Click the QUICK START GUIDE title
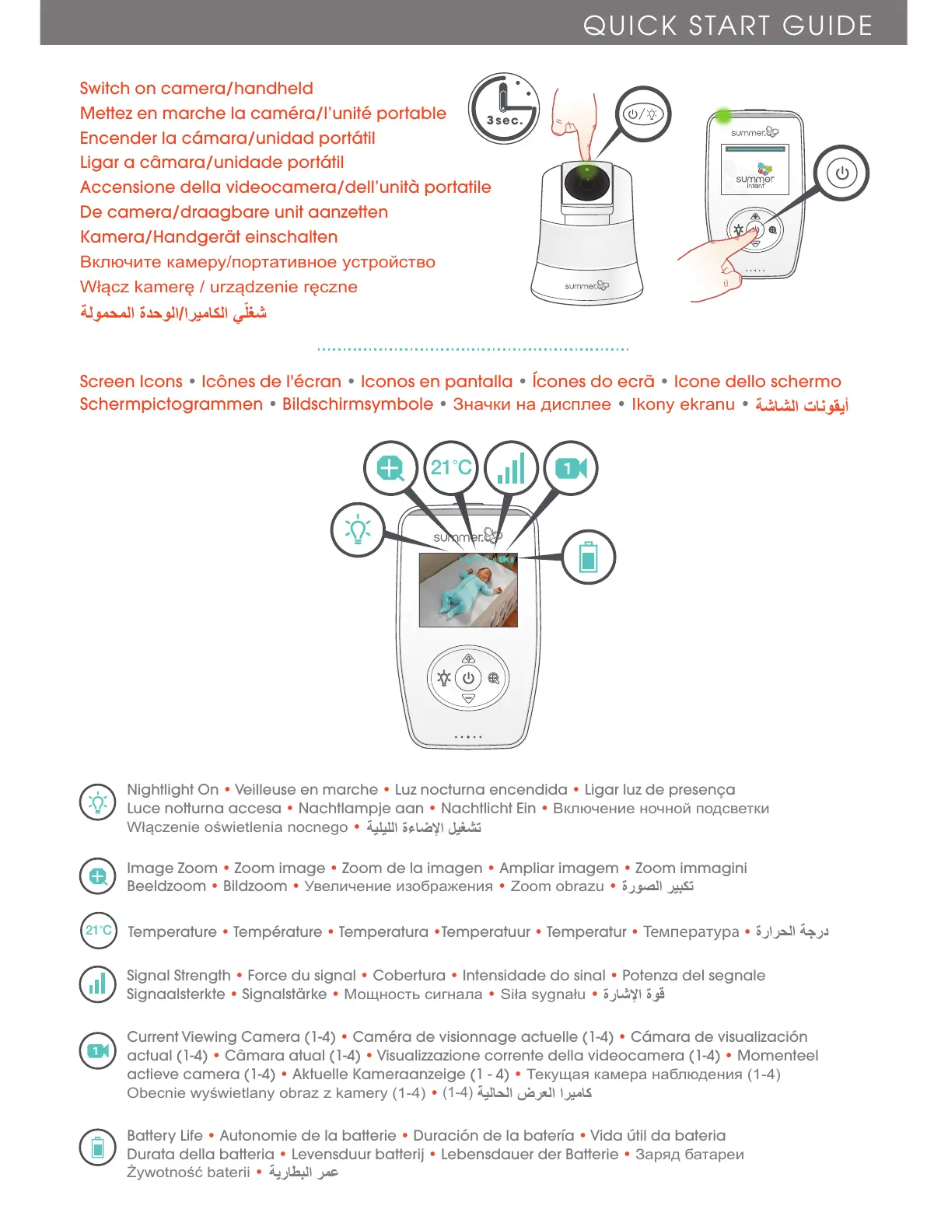coord(727,26)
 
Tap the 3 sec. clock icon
coord(504,108)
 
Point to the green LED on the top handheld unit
coord(724,117)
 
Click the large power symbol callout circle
coord(841,173)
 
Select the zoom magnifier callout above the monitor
coord(391,468)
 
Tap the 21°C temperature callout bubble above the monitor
coord(451,467)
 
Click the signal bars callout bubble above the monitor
coord(511,468)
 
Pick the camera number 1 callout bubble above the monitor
coord(571,468)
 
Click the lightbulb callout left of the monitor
coord(358,529)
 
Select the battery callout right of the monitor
coord(588,557)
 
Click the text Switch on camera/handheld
coord(196,89)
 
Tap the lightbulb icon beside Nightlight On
coord(98,802)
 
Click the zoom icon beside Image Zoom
coord(98,877)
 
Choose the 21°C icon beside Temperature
coord(99,930)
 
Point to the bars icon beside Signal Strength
coord(98,984)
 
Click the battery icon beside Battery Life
coord(98,1147)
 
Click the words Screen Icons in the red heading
coord(131,382)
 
